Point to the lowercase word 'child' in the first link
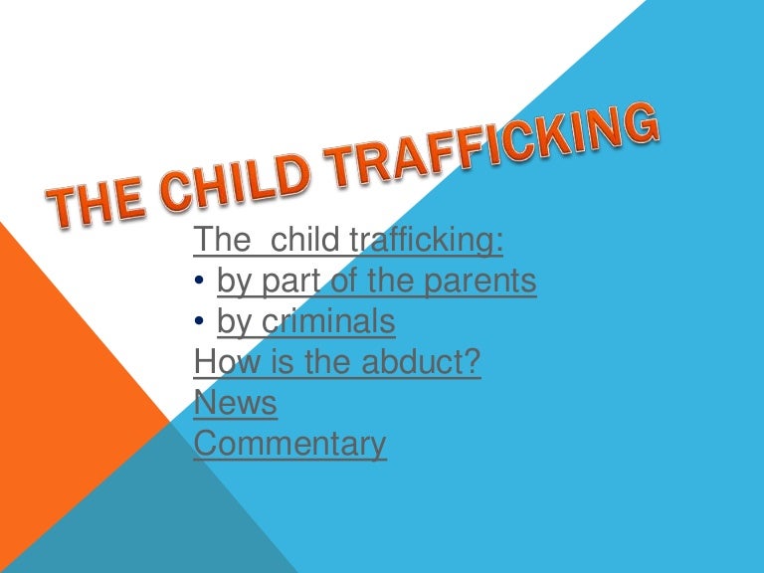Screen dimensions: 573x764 coord(304,241)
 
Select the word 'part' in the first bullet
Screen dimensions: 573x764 coord(291,283)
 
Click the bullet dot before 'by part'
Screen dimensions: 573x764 coord(200,284)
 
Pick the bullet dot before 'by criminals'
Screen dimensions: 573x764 coord(200,323)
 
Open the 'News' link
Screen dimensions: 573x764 coord(235,403)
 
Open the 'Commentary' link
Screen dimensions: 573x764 coord(289,444)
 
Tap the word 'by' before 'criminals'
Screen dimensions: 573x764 coord(234,323)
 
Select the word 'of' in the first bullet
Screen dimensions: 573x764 coord(343,283)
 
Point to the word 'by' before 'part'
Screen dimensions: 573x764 coord(234,284)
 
